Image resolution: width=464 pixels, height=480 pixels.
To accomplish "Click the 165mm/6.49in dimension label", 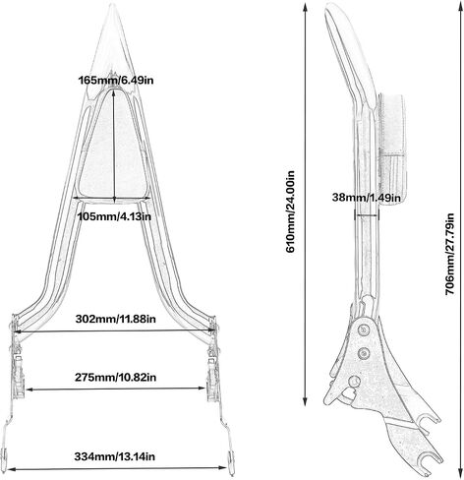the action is [x=116, y=80].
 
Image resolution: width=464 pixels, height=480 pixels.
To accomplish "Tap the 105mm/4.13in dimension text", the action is [x=114, y=216].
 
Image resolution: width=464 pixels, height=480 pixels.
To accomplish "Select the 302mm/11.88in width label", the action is [x=116, y=319].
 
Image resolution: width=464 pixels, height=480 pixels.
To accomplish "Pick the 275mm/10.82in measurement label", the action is [x=116, y=377].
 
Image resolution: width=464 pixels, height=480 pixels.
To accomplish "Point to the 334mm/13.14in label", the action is [x=114, y=456].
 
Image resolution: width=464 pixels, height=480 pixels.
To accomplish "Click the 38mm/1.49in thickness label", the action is [x=366, y=198].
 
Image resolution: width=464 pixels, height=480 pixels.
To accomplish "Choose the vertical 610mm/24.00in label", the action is [x=291, y=211].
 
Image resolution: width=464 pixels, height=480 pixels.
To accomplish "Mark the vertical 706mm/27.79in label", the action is [x=450, y=254].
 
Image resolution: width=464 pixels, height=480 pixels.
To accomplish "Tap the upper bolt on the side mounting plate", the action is [x=363, y=330].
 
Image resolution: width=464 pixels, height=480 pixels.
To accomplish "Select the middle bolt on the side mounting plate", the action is [x=364, y=353].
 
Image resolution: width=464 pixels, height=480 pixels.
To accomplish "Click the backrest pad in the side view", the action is [x=392, y=150].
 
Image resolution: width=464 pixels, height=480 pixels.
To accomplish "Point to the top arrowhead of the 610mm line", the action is [x=306, y=7].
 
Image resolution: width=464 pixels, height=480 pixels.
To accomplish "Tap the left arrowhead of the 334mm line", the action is [x=11, y=469].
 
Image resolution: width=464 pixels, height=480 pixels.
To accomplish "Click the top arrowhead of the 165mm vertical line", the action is [x=114, y=93].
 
